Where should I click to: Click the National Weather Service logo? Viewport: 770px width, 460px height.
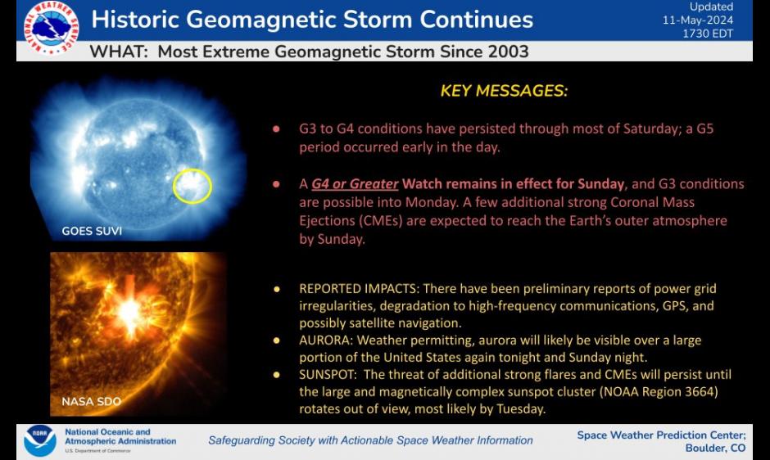click(x=51, y=27)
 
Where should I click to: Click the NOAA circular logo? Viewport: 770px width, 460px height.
click(x=40, y=440)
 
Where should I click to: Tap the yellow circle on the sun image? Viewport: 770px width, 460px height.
click(x=192, y=186)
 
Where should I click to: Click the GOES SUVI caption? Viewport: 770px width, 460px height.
click(x=92, y=231)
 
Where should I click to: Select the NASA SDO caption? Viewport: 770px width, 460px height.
click(x=92, y=402)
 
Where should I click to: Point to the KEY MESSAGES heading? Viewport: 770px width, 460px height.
click(x=504, y=91)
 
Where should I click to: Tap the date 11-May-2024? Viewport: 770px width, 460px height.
click(x=698, y=20)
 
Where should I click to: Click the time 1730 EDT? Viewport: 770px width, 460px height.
click(x=708, y=34)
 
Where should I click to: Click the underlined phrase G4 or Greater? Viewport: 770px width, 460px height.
click(x=355, y=184)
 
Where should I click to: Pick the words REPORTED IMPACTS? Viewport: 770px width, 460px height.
click(x=359, y=288)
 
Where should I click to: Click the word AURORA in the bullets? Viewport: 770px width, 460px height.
click(x=325, y=340)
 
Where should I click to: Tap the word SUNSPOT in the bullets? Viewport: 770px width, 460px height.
click(x=328, y=375)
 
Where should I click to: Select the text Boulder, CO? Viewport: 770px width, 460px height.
click(x=715, y=448)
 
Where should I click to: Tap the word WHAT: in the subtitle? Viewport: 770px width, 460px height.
click(x=119, y=52)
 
